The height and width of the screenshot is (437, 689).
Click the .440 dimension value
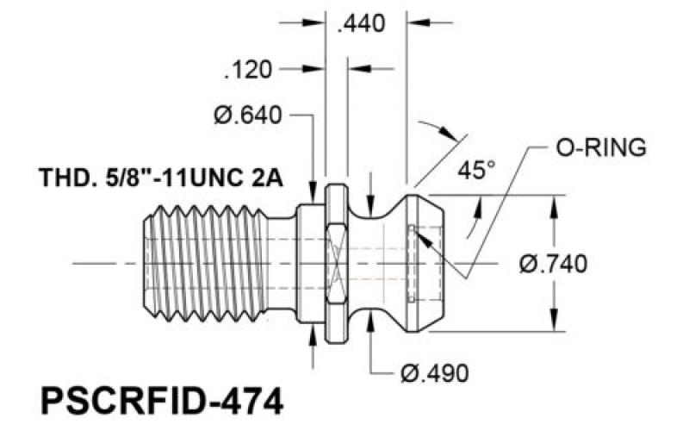[361, 23]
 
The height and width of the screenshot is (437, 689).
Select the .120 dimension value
[248, 70]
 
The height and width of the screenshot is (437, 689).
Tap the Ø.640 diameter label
[248, 115]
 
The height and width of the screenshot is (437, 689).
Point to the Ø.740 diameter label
[553, 265]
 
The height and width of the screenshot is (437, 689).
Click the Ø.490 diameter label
[435, 374]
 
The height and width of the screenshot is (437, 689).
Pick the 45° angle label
[477, 170]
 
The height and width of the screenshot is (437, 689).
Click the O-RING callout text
[601, 147]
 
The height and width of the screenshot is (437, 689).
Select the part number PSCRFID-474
[162, 401]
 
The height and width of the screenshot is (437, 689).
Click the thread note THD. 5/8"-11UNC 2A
[161, 178]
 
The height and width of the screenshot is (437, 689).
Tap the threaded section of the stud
[206, 263]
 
